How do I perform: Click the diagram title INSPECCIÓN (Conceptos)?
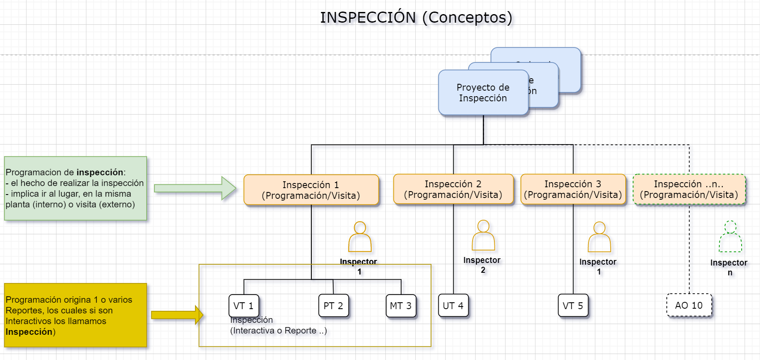click(x=416, y=18)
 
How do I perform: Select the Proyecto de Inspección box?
click(x=483, y=93)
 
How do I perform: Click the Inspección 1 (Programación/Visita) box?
click(x=311, y=190)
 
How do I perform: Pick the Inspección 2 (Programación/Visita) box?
click(x=453, y=189)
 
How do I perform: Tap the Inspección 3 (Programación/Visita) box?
click(x=573, y=189)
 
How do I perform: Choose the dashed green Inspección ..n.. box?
click(x=689, y=189)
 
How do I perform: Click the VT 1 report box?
click(x=244, y=306)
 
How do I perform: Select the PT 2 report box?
click(x=333, y=306)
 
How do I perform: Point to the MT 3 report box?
click(x=401, y=306)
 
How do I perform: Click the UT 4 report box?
click(x=453, y=306)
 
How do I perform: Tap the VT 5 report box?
click(x=573, y=306)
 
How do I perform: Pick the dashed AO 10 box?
click(x=689, y=305)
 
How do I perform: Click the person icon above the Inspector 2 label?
click(x=483, y=236)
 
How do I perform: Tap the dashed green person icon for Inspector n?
click(x=730, y=237)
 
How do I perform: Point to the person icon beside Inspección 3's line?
click(x=599, y=237)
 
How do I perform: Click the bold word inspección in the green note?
click(x=100, y=172)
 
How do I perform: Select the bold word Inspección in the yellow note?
click(x=29, y=332)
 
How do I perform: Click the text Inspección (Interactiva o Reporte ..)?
click(x=278, y=325)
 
